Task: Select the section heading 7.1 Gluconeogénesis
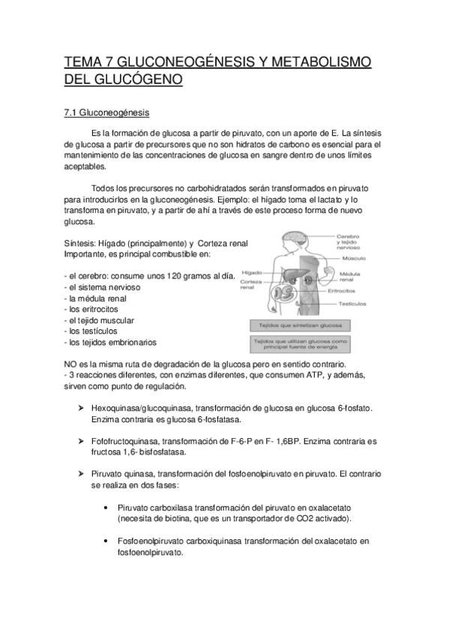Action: tap(106, 113)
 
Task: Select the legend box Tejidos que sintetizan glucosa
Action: tap(296, 326)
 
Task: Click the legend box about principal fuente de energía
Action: tap(296, 344)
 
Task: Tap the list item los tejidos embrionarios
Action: tap(112, 342)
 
